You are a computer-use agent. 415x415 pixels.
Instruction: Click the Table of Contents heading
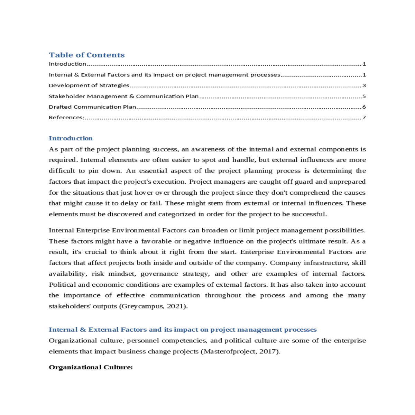click(x=86, y=55)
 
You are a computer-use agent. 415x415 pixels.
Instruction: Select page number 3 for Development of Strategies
click(x=364, y=85)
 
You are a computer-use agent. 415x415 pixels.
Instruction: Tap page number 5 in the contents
click(x=364, y=96)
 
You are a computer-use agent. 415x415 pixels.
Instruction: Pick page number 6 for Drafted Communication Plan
click(x=364, y=107)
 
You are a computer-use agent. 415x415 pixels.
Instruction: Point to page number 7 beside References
click(x=364, y=118)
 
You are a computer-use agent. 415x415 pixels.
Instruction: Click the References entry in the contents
click(x=66, y=118)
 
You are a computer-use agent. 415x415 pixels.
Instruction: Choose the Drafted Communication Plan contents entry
click(x=92, y=107)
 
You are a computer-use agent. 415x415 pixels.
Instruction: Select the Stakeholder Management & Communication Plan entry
click(x=123, y=96)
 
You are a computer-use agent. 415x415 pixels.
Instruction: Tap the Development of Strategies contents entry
click(x=89, y=85)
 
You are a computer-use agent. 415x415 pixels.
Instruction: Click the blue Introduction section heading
click(x=71, y=138)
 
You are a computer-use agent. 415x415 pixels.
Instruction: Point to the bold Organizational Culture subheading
click(x=91, y=367)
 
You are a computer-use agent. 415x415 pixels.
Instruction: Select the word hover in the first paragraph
click(x=141, y=193)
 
